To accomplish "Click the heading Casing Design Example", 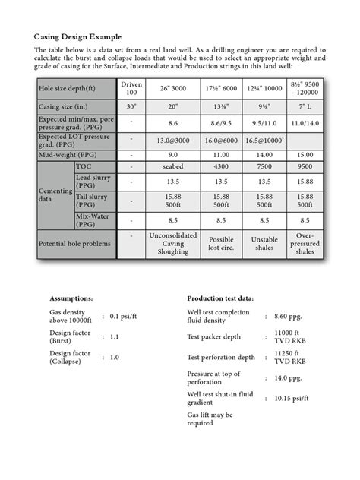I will [x=78, y=36].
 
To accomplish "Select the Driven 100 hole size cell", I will [x=131, y=87].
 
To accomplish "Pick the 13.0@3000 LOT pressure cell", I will [x=172, y=140].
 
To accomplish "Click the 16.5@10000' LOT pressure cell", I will [x=264, y=140].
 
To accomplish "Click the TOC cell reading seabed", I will [x=172, y=166].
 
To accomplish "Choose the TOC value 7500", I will [x=264, y=166].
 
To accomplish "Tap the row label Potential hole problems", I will [x=74, y=244].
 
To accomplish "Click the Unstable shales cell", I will [x=264, y=244].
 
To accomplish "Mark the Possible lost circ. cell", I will [x=220, y=244].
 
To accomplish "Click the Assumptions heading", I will [x=72, y=298].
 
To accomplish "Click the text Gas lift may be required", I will [x=210, y=419].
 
